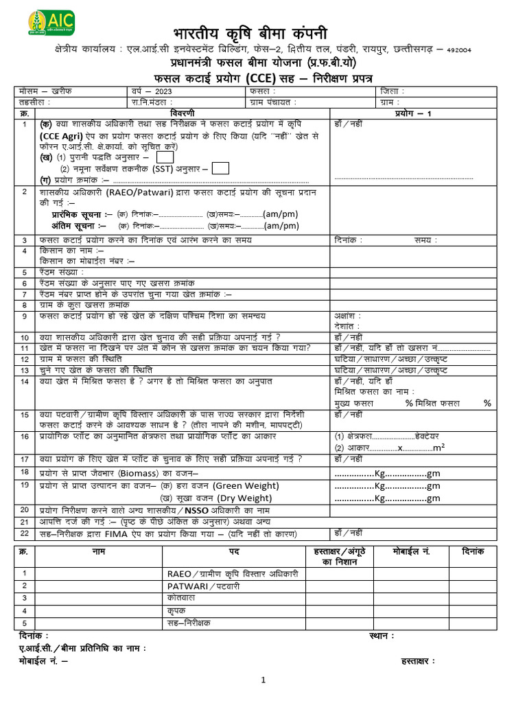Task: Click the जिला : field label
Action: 392,91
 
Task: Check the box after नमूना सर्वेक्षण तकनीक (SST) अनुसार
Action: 220,168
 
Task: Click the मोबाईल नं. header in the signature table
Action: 411,552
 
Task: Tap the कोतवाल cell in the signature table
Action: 181,598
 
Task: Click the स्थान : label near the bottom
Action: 382,636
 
